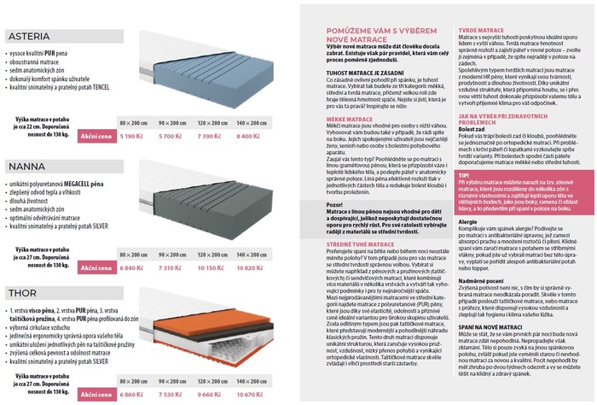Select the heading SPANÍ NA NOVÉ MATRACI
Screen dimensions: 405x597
pyautogui.click(x=489, y=328)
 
